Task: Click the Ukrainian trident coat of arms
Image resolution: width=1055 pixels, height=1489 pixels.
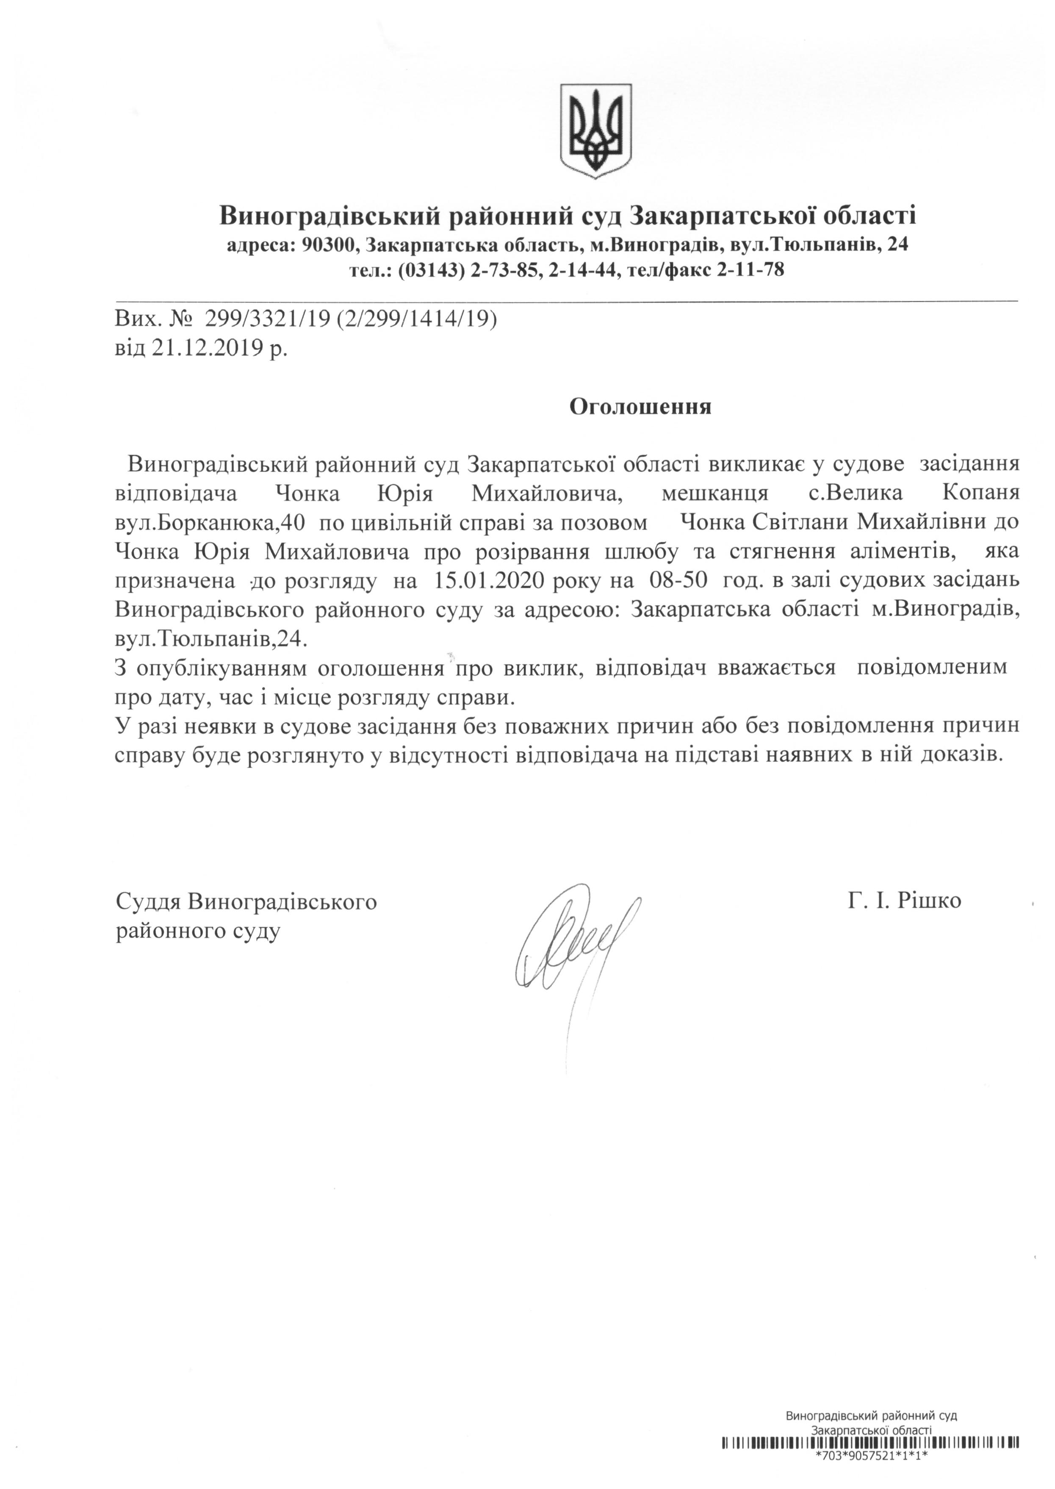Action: pyautogui.click(x=596, y=130)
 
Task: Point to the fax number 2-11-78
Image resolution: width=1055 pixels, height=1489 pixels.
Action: pyautogui.click(x=750, y=269)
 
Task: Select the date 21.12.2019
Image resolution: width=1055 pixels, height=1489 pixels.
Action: pyautogui.click(x=208, y=349)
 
